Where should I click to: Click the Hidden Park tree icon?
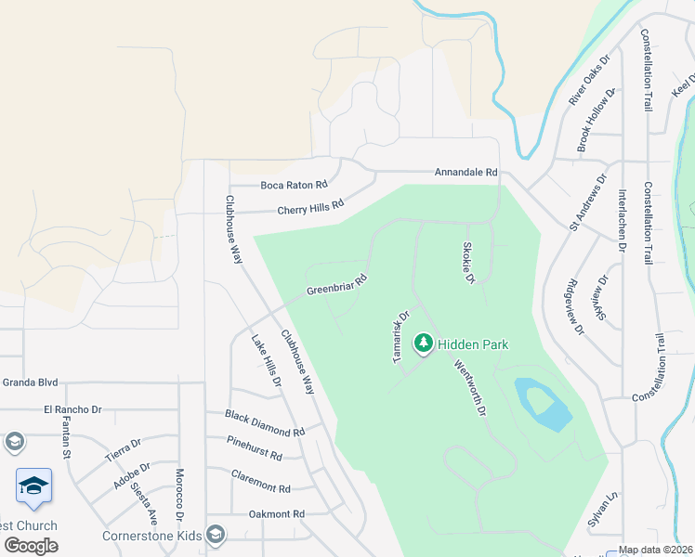tap(424, 343)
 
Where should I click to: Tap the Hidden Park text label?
tap(473, 344)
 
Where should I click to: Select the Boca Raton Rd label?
tap(295, 185)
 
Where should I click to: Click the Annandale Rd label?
tap(466, 173)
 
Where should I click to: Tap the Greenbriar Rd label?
tap(338, 285)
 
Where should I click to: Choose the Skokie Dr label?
tap(468, 263)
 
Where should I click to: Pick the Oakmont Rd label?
tap(276, 513)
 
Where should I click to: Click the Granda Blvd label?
tap(30, 382)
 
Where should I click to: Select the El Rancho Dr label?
tap(72, 409)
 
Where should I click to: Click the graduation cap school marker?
tap(33, 486)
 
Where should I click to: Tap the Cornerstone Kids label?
tap(152, 536)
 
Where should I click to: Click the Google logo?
tap(32, 545)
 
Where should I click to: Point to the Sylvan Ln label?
tap(601, 512)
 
